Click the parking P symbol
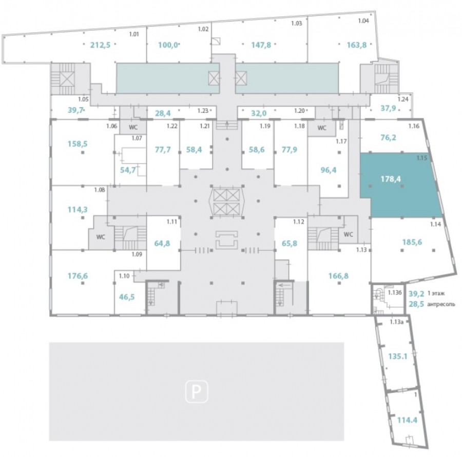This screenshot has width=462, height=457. click(197, 392)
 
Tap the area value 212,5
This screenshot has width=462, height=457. click(100, 45)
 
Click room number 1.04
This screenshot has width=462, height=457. click(363, 21)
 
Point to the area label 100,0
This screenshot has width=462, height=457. click(168, 45)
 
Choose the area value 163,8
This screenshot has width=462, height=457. click(357, 45)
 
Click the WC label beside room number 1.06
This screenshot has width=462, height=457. click(133, 128)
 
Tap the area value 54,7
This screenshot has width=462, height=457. click(128, 170)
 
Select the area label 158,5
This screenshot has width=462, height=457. click(78, 144)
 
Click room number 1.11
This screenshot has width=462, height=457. click(172, 222)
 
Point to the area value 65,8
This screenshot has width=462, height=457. click(290, 244)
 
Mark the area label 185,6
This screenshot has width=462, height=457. click(412, 242)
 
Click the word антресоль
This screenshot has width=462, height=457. click(441, 304)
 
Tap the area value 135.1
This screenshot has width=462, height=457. click(397, 356)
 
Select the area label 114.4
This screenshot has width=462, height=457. click(407, 420)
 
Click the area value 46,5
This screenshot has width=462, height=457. click(127, 297)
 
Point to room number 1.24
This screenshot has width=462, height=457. click(403, 99)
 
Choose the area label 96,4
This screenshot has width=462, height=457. click(328, 170)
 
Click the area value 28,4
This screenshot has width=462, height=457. click(163, 113)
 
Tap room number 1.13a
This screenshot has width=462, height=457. click(396, 322)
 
